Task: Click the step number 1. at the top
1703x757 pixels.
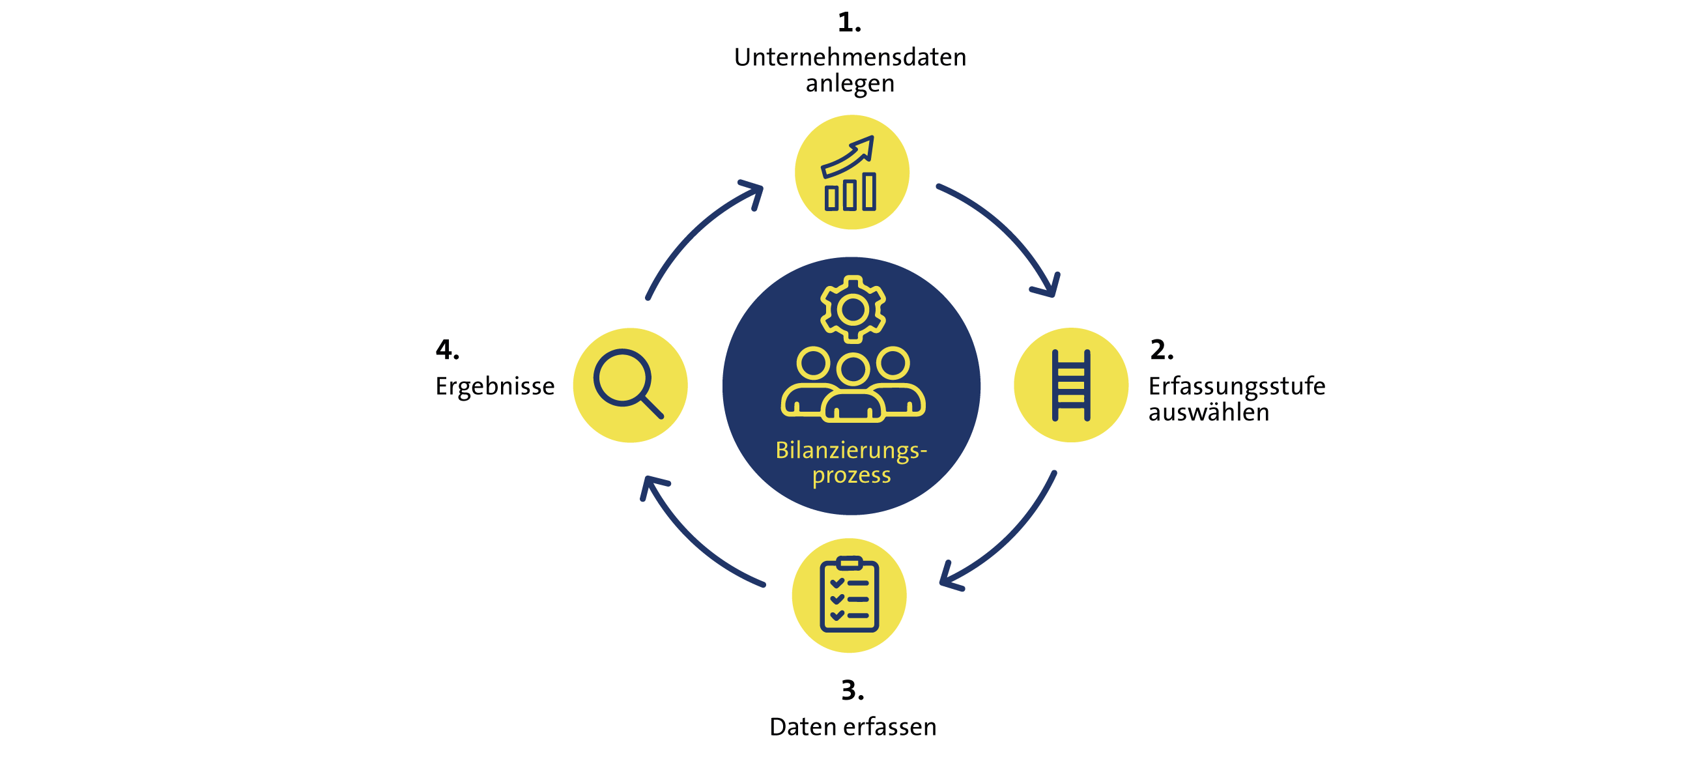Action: click(849, 23)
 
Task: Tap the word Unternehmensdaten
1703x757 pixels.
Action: click(850, 57)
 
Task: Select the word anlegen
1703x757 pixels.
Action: click(850, 84)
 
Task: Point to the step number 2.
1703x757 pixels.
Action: click(1162, 350)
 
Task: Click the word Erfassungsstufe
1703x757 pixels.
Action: click(1237, 386)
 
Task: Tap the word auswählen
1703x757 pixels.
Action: click(1209, 412)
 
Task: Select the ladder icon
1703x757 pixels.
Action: click(1071, 386)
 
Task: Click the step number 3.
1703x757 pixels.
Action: click(852, 691)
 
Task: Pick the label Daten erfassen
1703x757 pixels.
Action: click(853, 727)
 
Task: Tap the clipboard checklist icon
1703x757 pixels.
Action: click(849, 595)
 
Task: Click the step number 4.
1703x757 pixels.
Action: click(447, 350)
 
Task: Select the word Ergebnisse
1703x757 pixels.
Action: click(494, 386)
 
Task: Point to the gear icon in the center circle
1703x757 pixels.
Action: click(853, 309)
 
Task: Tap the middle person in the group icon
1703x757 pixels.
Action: click(853, 390)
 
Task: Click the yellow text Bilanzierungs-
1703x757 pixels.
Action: click(851, 450)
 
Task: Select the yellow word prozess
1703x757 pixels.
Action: click(851, 476)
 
